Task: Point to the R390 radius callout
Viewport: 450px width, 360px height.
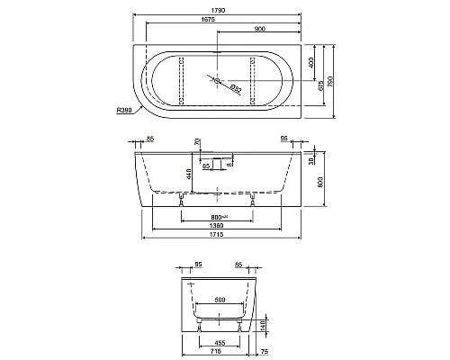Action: pos(126,111)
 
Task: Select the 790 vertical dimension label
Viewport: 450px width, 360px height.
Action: pos(332,80)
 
